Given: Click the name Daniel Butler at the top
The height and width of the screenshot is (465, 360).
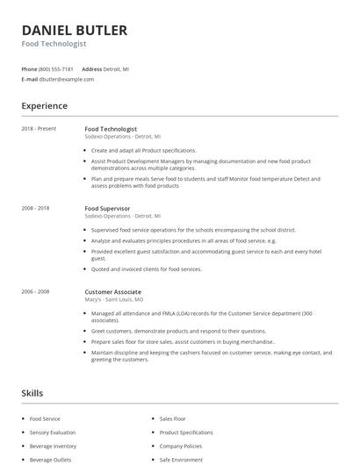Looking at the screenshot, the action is pyautogui.click(x=75, y=30).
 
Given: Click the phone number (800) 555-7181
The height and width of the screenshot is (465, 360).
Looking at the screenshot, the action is pyautogui.click(x=56, y=68).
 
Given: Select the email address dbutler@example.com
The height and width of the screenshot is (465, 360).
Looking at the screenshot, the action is pyautogui.click(x=67, y=79).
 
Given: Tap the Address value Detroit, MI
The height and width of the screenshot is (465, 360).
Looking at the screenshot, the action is pyautogui.click(x=117, y=68).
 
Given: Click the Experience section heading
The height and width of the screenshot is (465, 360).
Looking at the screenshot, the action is pyautogui.click(x=45, y=106).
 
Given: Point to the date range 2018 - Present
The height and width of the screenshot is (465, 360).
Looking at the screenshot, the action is pyautogui.click(x=39, y=129).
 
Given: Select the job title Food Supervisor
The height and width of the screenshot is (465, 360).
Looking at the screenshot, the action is pyautogui.click(x=107, y=208).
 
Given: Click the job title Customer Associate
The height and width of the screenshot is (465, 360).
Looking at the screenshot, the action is pyautogui.click(x=112, y=291).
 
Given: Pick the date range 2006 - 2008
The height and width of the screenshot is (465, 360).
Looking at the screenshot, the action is pyautogui.click(x=35, y=291).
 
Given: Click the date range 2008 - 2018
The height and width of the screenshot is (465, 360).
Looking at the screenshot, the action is pyautogui.click(x=35, y=208).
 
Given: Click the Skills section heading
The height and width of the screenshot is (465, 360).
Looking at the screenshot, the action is pyautogui.click(x=32, y=393).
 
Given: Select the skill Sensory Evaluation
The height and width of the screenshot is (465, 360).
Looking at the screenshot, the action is pyautogui.click(x=53, y=433).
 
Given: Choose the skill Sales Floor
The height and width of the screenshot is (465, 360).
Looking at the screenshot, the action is pyautogui.click(x=171, y=419).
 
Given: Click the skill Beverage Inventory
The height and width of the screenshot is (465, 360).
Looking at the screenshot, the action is pyautogui.click(x=53, y=446).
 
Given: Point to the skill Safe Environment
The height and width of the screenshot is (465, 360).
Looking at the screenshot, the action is pyautogui.click(x=180, y=459).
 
